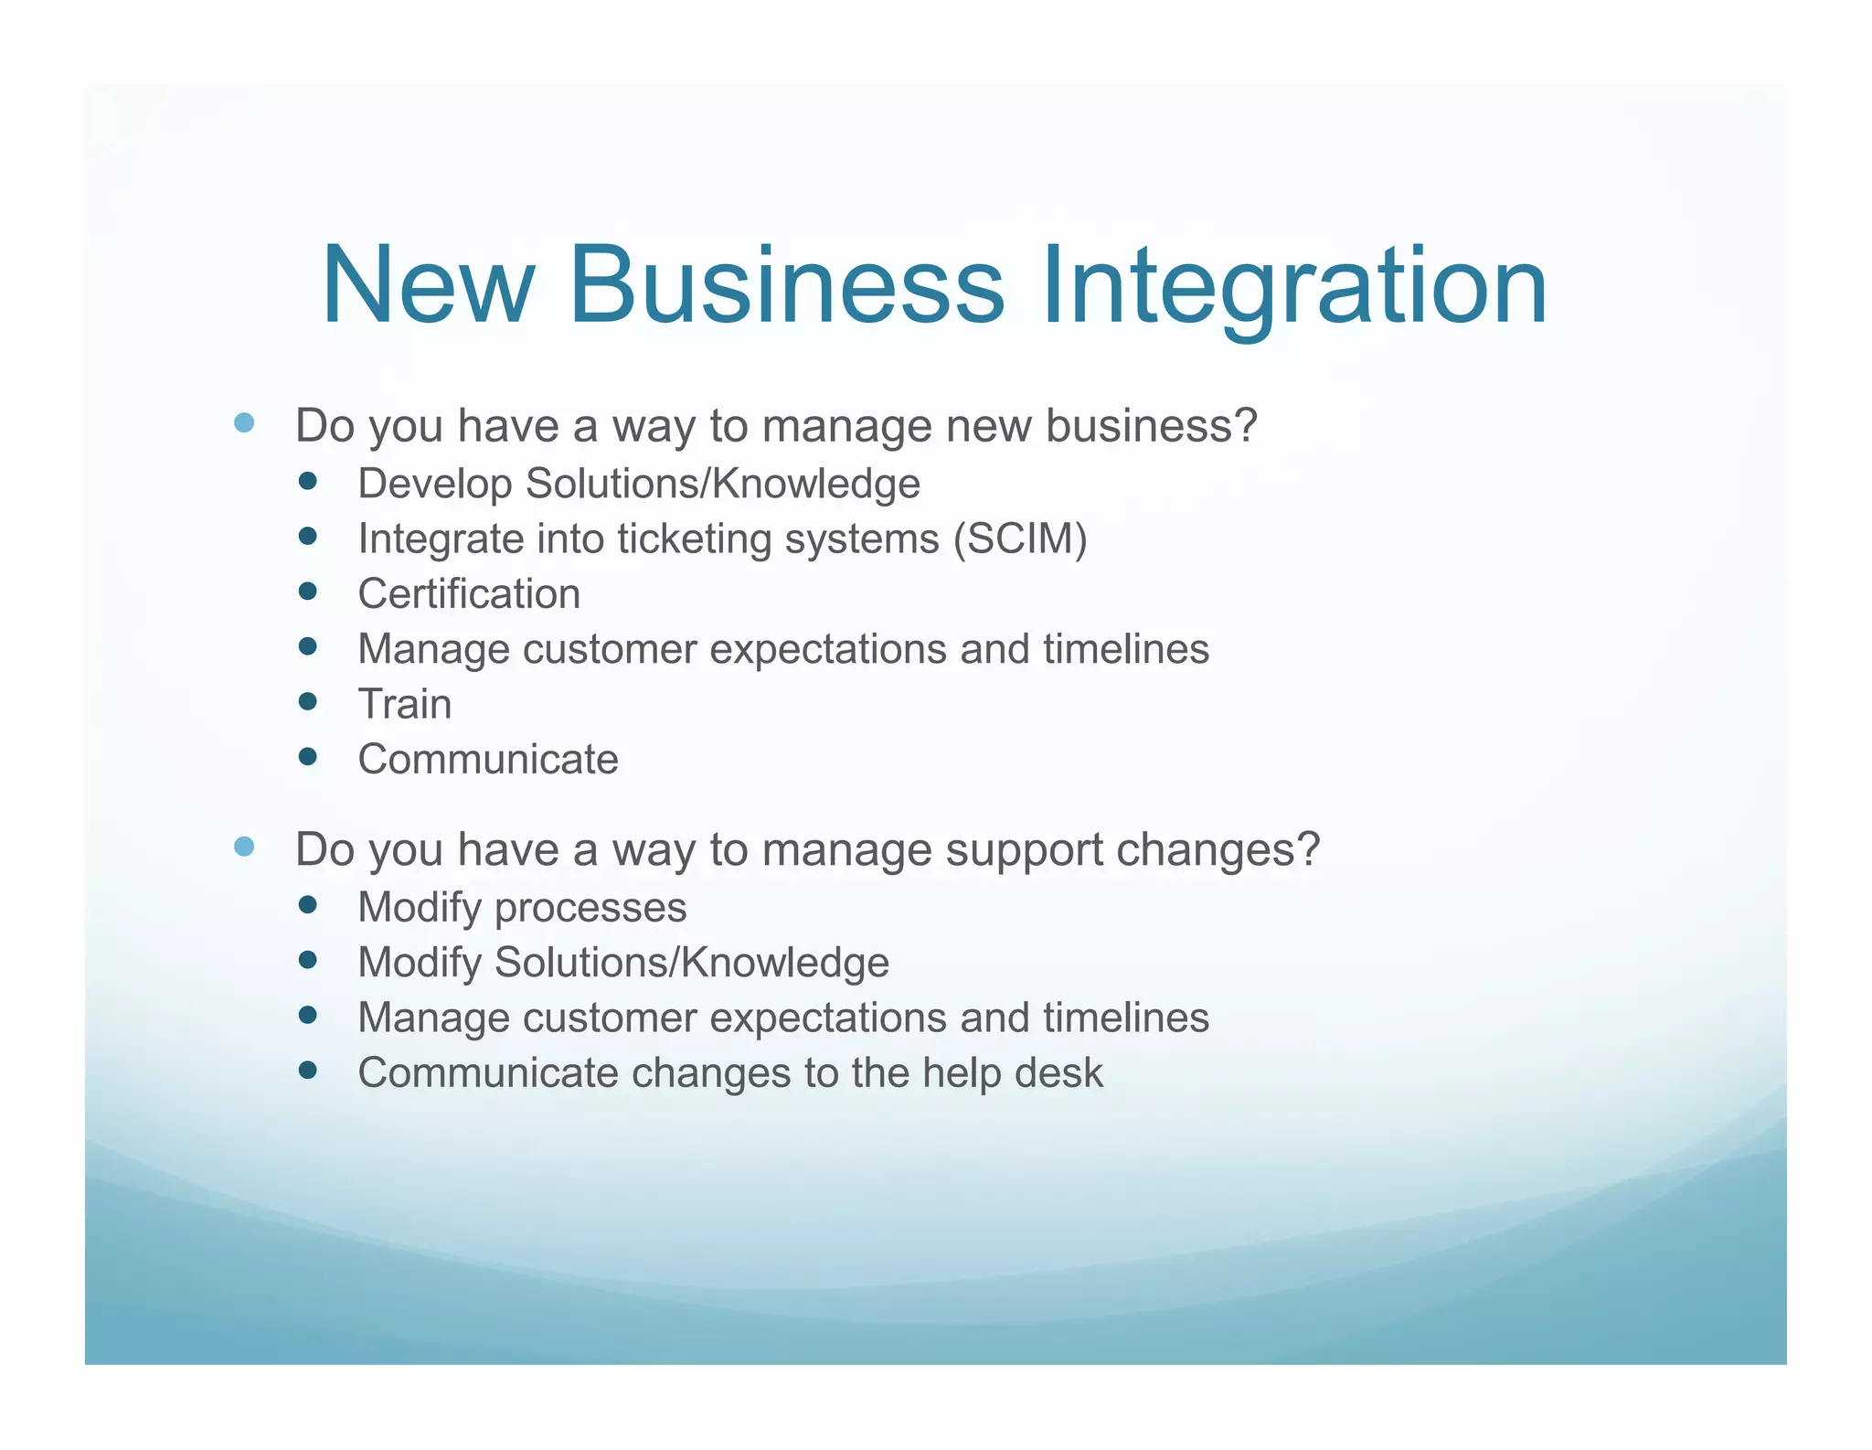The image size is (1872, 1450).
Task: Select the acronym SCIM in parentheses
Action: pyautogui.click(x=1019, y=538)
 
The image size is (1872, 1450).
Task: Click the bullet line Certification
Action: pyautogui.click(x=469, y=594)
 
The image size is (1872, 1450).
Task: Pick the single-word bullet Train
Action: pyautogui.click(x=405, y=704)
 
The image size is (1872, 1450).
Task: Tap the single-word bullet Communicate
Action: pyautogui.click(x=488, y=760)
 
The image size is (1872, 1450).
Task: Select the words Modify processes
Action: pyautogui.click(x=522, y=908)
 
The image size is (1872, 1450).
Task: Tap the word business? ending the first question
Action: pyautogui.click(x=1151, y=426)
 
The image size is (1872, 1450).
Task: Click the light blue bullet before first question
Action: pyautogui.click(x=244, y=422)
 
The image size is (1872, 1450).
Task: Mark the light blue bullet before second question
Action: pyautogui.click(x=244, y=847)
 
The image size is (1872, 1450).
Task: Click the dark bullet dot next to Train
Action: pyautogui.click(x=308, y=701)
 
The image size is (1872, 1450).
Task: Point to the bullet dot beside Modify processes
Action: pyautogui.click(x=308, y=905)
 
